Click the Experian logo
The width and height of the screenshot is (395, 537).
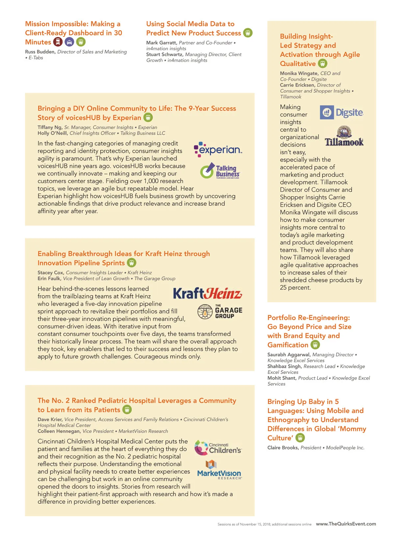218,150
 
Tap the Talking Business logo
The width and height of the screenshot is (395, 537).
220,171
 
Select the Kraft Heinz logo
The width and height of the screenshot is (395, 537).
207,293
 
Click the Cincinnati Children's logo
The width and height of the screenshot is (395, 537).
218,448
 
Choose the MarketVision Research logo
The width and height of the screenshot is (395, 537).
219,470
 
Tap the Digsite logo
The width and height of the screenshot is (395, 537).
341,113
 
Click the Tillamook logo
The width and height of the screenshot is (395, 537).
344,136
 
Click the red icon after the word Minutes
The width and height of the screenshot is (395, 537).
58,42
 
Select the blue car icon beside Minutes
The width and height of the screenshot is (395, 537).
69,42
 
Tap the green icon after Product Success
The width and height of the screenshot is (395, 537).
248,33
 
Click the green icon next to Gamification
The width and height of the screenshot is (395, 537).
315,345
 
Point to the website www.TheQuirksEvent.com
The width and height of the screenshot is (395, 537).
346,524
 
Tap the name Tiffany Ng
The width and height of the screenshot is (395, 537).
49,127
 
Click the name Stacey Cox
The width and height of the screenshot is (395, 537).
50,273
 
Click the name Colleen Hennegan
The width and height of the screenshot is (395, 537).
59,431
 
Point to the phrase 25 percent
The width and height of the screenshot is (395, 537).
295,287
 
